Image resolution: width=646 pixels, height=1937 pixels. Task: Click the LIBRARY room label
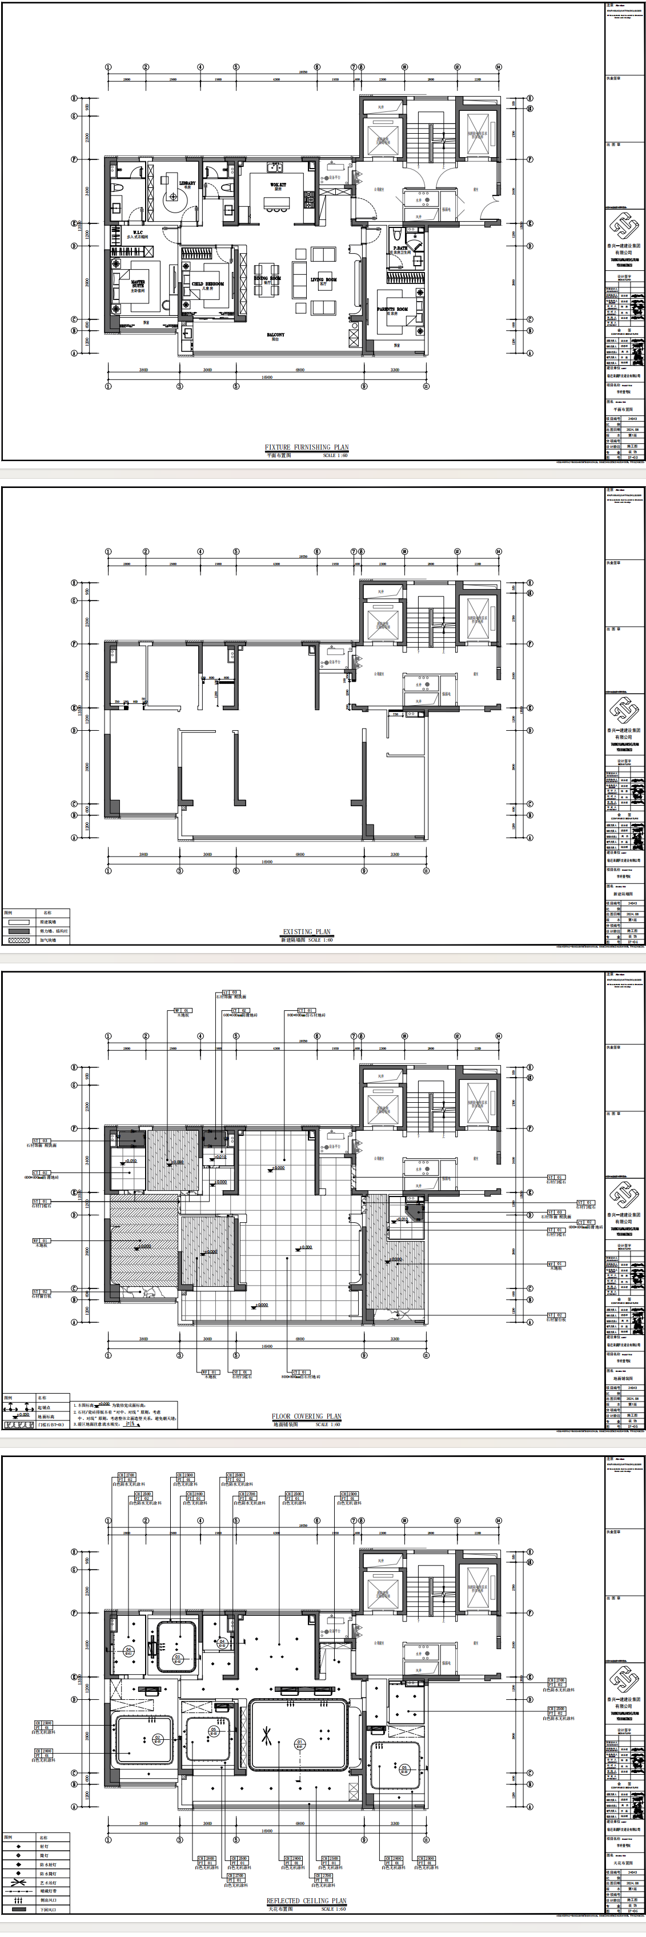coord(187,183)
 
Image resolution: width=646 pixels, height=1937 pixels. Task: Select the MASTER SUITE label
coord(138,284)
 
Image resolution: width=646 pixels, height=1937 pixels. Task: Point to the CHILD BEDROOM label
coord(207,284)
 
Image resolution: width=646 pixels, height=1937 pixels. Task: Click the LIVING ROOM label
coord(324,280)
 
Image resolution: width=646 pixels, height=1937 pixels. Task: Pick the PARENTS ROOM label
coord(392,309)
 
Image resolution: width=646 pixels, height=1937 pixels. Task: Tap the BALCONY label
coord(275,335)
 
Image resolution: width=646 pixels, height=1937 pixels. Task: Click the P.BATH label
coord(400,248)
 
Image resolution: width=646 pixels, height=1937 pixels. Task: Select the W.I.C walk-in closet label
coord(138,233)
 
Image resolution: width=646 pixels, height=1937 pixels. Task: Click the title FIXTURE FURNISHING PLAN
coord(306,447)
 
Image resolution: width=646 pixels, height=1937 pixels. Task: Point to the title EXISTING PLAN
coord(306,932)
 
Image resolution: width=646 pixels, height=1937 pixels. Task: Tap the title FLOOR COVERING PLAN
coord(306,1416)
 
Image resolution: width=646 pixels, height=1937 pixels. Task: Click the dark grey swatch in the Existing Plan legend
coord(19,931)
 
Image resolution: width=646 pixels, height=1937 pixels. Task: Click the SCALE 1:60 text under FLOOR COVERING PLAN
coord(328,1424)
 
